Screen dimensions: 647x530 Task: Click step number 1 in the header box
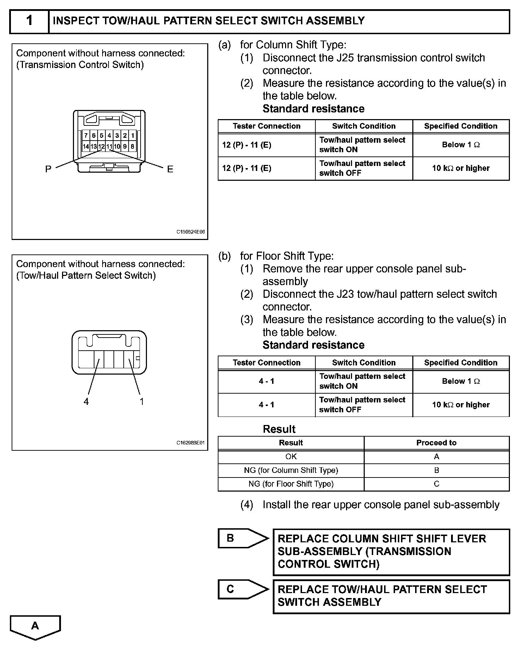[x=29, y=21]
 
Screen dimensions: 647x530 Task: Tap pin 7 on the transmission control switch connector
[x=86, y=135]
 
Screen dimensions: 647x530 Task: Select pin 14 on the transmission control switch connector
[x=86, y=146]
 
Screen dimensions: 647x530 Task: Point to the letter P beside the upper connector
[x=48, y=169]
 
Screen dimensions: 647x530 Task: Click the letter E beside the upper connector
[x=170, y=170]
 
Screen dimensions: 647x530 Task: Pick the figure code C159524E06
[x=191, y=232]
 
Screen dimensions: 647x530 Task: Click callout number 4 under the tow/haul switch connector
[x=86, y=401]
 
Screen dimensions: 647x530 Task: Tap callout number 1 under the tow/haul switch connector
[x=142, y=401]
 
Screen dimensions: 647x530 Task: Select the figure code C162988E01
[x=191, y=443]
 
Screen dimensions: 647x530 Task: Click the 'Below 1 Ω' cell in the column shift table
[x=461, y=145]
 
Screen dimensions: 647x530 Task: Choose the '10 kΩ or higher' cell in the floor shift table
[x=461, y=405]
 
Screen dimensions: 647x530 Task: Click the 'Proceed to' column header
[x=436, y=443]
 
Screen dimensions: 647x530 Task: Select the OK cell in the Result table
[x=291, y=457]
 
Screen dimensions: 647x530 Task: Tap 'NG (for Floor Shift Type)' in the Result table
[x=291, y=484]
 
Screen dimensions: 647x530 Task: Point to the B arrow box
[x=240, y=538]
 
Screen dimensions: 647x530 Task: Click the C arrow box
[x=240, y=589]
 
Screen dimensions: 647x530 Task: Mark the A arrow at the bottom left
[x=35, y=626]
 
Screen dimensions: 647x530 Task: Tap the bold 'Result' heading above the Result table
[x=279, y=429]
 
